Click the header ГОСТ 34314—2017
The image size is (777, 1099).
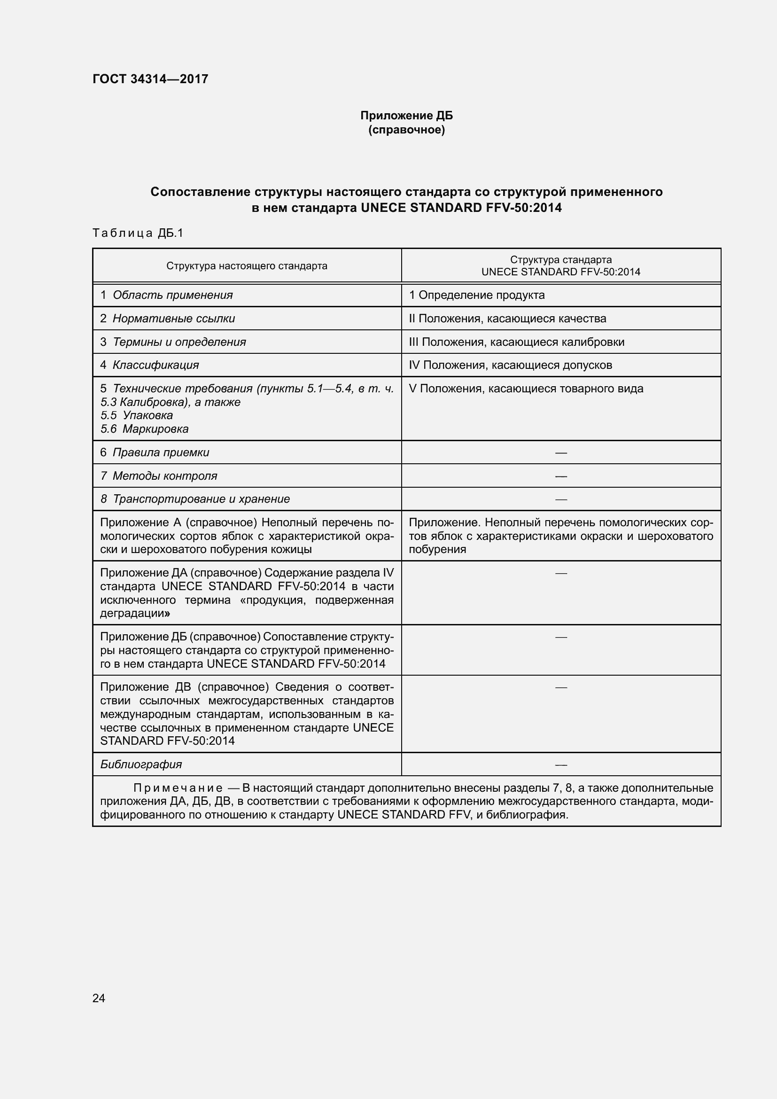[x=150, y=79]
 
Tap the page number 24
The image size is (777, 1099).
[x=99, y=998]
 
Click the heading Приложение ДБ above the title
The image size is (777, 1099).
[x=406, y=116]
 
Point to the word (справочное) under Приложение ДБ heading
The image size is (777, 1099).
[x=406, y=130]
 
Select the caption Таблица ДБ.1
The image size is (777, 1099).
[x=138, y=233]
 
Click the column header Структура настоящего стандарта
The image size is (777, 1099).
[x=247, y=265]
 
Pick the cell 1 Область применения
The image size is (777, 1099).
[x=166, y=295]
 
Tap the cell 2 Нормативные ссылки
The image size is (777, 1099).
[x=167, y=318]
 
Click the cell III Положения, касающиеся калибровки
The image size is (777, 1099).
[x=516, y=342]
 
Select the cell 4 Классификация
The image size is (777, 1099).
[x=149, y=365]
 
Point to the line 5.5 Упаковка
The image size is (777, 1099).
[x=137, y=415]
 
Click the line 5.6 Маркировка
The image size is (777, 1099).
[x=145, y=429]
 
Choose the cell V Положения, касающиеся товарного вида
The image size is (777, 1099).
[x=526, y=388]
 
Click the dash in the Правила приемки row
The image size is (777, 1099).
[x=561, y=452]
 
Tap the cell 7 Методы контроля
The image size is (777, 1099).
[x=159, y=476]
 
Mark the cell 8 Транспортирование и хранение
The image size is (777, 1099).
[x=195, y=499]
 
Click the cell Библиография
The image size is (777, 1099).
[x=141, y=764]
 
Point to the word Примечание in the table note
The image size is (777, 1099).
[x=178, y=788]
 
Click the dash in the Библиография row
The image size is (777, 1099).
[x=561, y=764]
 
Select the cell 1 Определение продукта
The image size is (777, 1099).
[x=476, y=295]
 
